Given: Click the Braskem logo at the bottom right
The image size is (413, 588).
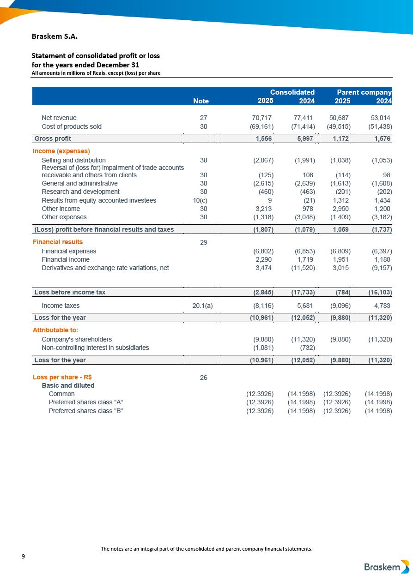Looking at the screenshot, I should coord(386,567).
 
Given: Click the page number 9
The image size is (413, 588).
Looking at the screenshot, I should coord(23,556).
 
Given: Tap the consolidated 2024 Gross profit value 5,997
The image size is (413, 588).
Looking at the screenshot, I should coord(305,138).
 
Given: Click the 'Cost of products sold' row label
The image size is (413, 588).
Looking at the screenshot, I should coord(72,126).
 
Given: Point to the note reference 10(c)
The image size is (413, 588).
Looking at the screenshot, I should coord(200,200).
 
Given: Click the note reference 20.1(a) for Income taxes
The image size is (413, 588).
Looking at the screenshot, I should coord(202,306).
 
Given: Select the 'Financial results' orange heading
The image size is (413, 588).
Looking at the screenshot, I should coord(58,242).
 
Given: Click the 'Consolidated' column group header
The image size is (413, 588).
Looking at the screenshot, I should coord(292,92).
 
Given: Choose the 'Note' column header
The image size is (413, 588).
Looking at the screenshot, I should coord(200,101).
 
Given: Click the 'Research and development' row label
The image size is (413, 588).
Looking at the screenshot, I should coord(80,192).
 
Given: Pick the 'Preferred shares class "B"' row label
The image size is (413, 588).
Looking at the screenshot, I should coord(86,411).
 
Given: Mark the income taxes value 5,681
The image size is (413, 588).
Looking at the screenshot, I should coord(305,306).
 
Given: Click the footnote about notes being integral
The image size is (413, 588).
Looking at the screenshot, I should coord(206,549).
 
